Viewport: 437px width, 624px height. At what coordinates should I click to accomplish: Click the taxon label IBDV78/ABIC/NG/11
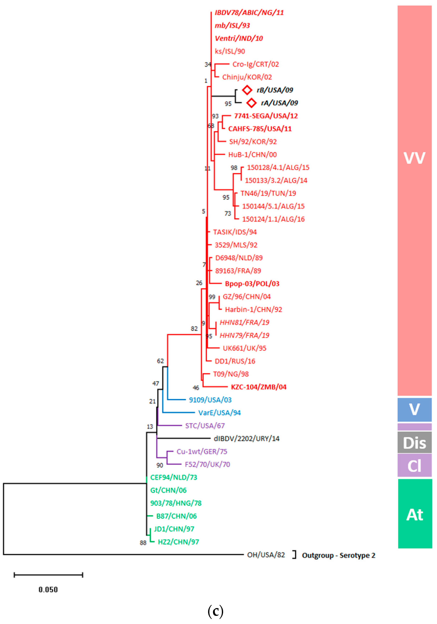(249, 12)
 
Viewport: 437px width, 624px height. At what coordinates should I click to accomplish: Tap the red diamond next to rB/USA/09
(247, 90)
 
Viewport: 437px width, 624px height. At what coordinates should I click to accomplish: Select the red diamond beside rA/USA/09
(251, 103)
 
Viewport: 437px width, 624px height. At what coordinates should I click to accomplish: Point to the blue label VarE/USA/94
(219, 413)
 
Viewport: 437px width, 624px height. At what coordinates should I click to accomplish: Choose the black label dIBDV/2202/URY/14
(246, 438)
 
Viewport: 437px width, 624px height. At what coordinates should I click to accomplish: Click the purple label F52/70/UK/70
(207, 464)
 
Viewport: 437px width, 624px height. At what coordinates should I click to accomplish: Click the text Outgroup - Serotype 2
(339, 555)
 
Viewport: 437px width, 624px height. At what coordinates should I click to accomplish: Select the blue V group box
(414, 409)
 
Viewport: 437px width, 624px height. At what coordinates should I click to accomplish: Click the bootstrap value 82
(194, 329)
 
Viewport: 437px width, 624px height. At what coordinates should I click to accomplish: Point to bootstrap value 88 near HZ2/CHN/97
(143, 543)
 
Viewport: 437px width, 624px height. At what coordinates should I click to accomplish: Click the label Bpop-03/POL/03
(252, 284)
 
